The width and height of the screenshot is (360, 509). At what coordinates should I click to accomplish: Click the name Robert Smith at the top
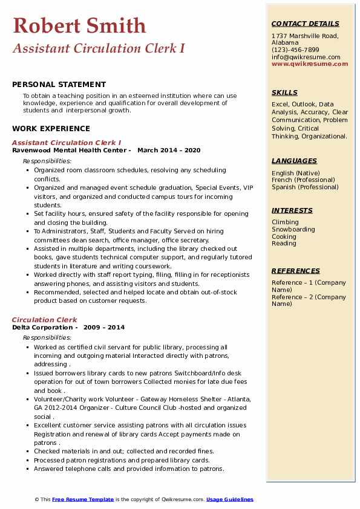[x=79, y=25]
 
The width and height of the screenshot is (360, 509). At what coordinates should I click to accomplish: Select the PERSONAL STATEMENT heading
[x=59, y=85]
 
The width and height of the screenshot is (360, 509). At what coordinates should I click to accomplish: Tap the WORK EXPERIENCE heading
[x=51, y=128]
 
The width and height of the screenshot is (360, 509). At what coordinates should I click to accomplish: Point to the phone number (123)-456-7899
[x=295, y=50]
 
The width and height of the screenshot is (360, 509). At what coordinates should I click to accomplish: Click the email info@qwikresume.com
[x=306, y=57]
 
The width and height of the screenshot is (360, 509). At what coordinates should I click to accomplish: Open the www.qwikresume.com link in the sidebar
[x=310, y=63]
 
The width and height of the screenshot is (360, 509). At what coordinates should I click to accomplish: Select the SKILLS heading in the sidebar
[x=284, y=92]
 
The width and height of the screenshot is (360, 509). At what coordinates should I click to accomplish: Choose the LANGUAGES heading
[x=294, y=161]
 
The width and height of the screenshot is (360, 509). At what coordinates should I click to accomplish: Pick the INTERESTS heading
[x=292, y=210]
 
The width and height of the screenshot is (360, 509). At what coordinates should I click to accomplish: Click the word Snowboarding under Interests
[x=293, y=230]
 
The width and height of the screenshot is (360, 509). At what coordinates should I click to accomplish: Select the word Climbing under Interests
[x=285, y=222]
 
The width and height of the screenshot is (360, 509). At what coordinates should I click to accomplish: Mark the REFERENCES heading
[x=295, y=271]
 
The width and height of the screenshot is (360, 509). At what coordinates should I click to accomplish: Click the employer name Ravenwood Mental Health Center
[x=70, y=151]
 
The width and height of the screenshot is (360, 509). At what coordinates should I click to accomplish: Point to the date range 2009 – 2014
[x=105, y=328]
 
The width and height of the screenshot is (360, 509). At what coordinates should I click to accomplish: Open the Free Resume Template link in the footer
[x=83, y=499]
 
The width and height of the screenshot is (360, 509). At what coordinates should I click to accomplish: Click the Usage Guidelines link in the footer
[x=229, y=499]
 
